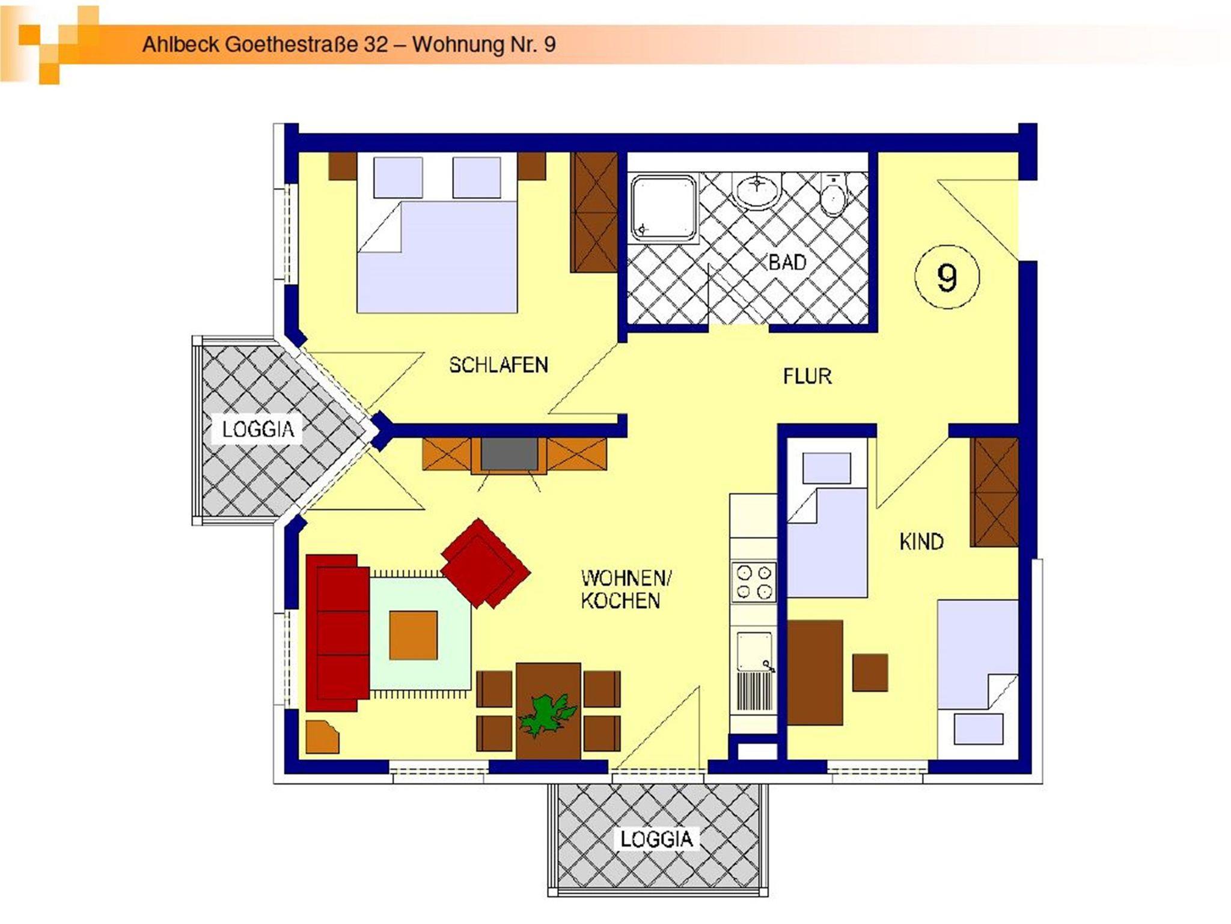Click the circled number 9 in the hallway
pyautogui.click(x=947, y=278)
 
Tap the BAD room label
pyautogui.click(x=787, y=262)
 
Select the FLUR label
pyautogui.click(x=807, y=376)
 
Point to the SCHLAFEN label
pyautogui.click(x=498, y=365)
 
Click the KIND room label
pyautogui.click(x=921, y=541)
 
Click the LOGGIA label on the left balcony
pyautogui.click(x=258, y=429)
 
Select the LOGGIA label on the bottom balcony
pyautogui.click(x=656, y=839)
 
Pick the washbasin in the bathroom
pyautogui.click(x=757, y=190)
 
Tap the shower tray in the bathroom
pyautogui.click(x=664, y=208)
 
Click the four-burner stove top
pyautogui.click(x=754, y=582)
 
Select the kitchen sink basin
pyautogui.click(x=754, y=651)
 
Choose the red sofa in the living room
pyautogui.click(x=337, y=633)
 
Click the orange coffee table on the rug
pyautogui.click(x=413, y=635)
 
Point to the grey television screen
pyautogui.click(x=509, y=454)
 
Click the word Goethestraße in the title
pyautogui.click(x=293, y=44)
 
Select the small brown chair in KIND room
pyautogui.click(x=870, y=672)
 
